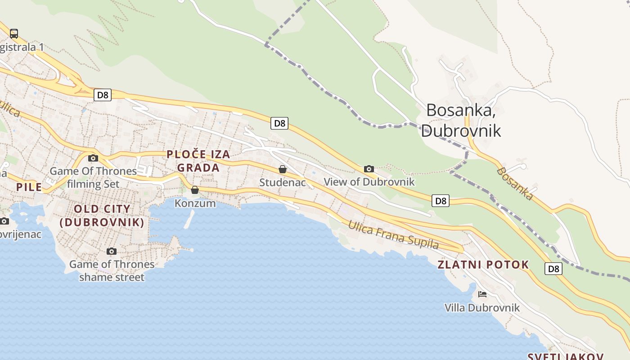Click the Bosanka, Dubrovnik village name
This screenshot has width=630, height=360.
pyautogui.click(x=461, y=120)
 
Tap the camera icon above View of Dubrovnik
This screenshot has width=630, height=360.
pyautogui.click(x=369, y=169)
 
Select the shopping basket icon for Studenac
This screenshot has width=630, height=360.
pyautogui.click(x=283, y=169)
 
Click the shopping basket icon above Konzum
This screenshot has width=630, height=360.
pyautogui.click(x=195, y=190)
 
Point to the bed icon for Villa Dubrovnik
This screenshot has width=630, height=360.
pyautogui.click(x=482, y=294)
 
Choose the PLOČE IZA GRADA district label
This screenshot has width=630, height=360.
pyautogui.click(x=198, y=161)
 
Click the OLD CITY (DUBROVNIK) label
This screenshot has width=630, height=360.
pyautogui.click(x=102, y=216)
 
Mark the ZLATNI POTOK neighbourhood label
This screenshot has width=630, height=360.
pyautogui.click(x=483, y=265)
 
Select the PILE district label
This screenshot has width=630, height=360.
pyautogui.click(x=29, y=187)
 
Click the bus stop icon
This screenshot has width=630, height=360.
pyautogui.click(x=14, y=33)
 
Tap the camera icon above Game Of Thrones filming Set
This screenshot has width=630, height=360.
pyautogui.click(x=93, y=158)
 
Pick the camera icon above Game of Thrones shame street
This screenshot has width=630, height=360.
pyautogui.click(x=112, y=251)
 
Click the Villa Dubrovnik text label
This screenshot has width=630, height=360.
pyautogui.click(x=482, y=308)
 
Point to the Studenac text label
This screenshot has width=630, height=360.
pyautogui.click(x=283, y=183)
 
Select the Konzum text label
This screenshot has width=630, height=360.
pyautogui.click(x=195, y=203)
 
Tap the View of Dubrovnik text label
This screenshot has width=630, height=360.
pyautogui.click(x=369, y=182)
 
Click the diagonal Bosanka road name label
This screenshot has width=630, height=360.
pyautogui.click(x=516, y=184)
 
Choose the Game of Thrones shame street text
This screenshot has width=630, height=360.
pyautogui.click(x=112, y=270)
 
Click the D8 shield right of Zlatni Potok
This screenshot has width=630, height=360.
pyautogui.click(x=553, y=269)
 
